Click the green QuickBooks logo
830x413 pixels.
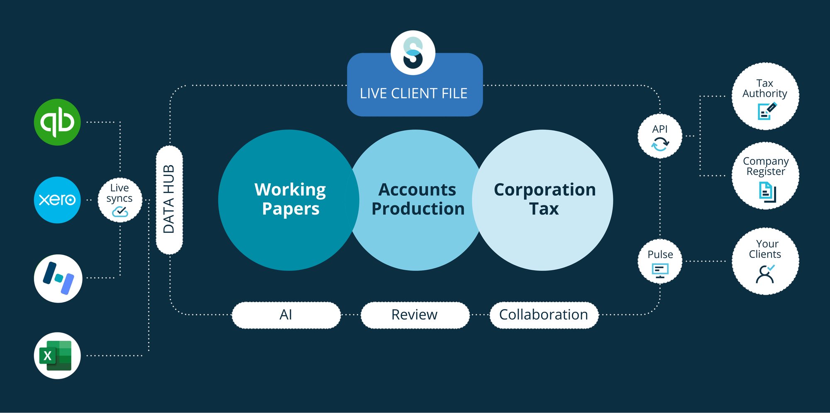[57, 122]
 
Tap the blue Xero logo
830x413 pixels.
[57, 200]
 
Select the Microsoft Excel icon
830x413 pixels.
[57, 355]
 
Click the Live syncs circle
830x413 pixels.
[120, 200]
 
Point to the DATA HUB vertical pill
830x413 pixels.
[169, 200]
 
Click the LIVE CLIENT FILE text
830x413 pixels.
[414, 93]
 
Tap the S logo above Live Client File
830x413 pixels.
[413, 53]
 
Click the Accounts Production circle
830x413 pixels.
[417, 200]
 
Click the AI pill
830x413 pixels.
[286, 315]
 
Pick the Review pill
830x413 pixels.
[415, 315]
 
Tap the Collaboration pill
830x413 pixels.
[544, 315]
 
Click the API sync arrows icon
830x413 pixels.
[660, 144]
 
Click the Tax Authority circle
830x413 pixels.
[765, 96]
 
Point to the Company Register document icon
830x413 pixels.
[767, 192]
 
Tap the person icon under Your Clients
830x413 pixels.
[765, 274]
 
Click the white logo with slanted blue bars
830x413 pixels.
[58, 278]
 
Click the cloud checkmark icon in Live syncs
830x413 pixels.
[120, 212]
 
